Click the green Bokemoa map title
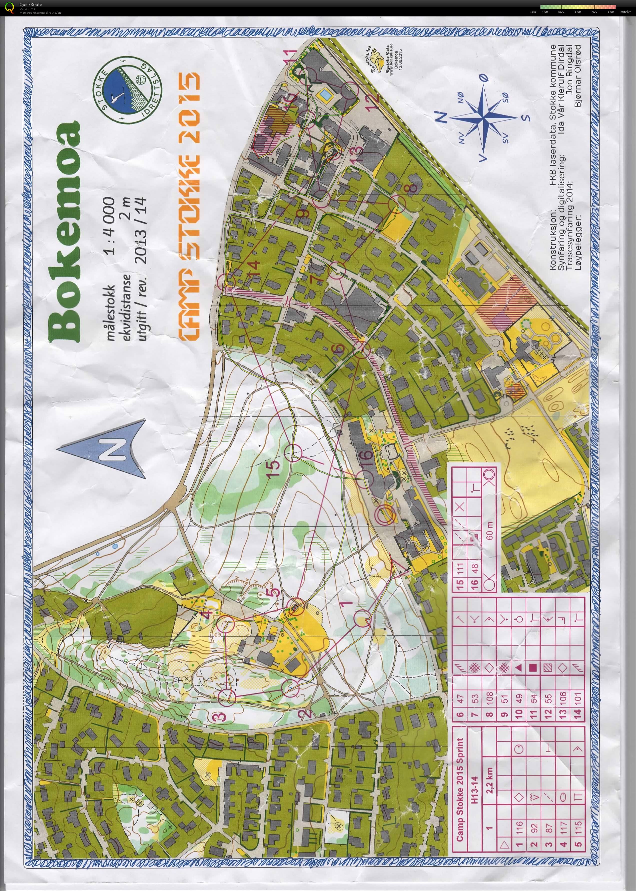coord(65,231)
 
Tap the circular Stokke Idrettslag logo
coord(123,90)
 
